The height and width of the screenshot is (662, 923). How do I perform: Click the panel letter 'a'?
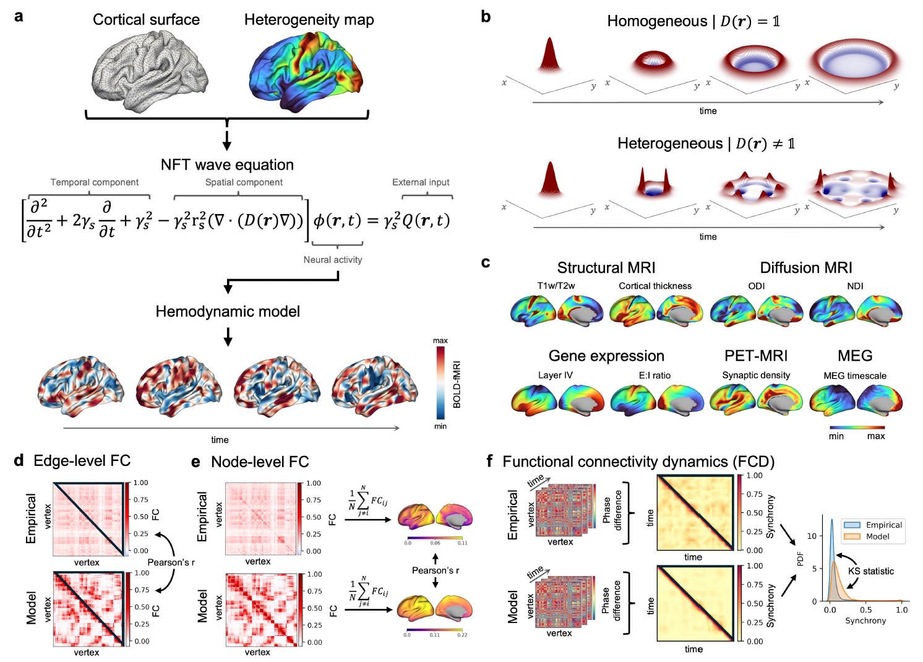(19, 16)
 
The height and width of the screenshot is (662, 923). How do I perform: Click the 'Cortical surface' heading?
(146, 20)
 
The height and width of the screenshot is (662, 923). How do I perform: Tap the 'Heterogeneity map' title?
(309, 20)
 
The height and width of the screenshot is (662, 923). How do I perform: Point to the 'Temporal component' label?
(95, 183)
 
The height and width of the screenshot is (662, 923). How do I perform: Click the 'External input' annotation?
(421, 183)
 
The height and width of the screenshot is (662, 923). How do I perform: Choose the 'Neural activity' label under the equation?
(333, 260)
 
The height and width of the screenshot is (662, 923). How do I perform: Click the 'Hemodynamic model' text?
(228, 311)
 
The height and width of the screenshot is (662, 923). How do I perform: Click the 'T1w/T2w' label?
(556, 286)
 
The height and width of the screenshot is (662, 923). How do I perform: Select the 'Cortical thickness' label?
(655, 286)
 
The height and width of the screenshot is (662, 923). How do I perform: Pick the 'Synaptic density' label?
(756, 375)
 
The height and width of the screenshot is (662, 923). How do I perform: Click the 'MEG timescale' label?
(855, 376)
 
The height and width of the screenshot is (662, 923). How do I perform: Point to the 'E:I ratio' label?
(655, 375)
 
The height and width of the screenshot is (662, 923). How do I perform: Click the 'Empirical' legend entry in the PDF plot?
(883, 525)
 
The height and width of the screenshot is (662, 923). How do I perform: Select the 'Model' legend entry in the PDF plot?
(877, 536)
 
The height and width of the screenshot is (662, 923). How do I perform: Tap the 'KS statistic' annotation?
(870, 571)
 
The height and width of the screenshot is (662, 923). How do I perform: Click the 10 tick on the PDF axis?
(812, 536)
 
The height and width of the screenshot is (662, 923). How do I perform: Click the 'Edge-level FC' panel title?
(82, 461)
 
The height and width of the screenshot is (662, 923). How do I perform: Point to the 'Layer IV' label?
(555, 375)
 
